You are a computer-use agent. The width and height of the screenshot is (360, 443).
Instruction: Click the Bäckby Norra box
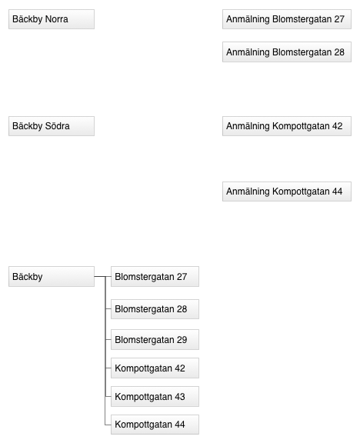(x=52, y=19)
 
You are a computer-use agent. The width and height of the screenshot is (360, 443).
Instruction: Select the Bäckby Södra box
(x=52, y=126)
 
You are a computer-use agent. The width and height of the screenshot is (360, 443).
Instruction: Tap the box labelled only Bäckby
(x=52, y=276)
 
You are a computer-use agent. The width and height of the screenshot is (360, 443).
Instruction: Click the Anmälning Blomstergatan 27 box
(x=287, y=19)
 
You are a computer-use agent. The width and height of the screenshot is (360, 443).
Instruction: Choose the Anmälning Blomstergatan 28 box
(x=287, y=52)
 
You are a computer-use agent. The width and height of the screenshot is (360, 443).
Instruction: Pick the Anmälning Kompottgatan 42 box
(x=287, y=126)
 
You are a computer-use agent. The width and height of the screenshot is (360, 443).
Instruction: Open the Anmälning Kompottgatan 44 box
(x=287, y=192)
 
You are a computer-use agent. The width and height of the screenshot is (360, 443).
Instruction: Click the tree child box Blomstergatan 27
(x=155, y=276)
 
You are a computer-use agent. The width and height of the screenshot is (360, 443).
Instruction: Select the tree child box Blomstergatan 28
(x=155, y=309)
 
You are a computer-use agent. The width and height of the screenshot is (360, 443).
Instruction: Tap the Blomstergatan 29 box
(x=155, y=340)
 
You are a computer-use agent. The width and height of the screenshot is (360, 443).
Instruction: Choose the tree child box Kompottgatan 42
(x=155, y=368)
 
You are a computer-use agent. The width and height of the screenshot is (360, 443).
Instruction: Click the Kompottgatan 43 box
(x=155, y=396)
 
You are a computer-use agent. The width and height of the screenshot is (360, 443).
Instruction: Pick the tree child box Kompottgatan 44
(x=155, y=425)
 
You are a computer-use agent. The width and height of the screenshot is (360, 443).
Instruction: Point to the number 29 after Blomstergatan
(x=182, y=340)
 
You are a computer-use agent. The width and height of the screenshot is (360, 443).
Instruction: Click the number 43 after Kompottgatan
(x=180, y=397)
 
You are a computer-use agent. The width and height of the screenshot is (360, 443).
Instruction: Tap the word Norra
(x=56, y=19)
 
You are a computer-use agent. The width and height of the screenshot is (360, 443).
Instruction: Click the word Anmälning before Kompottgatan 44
(x=248, y=192)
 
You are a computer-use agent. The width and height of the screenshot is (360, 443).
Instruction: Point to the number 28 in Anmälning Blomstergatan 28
(x=339, y=52)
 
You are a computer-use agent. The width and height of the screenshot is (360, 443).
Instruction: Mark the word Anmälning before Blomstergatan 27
(x=248, y=19)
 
